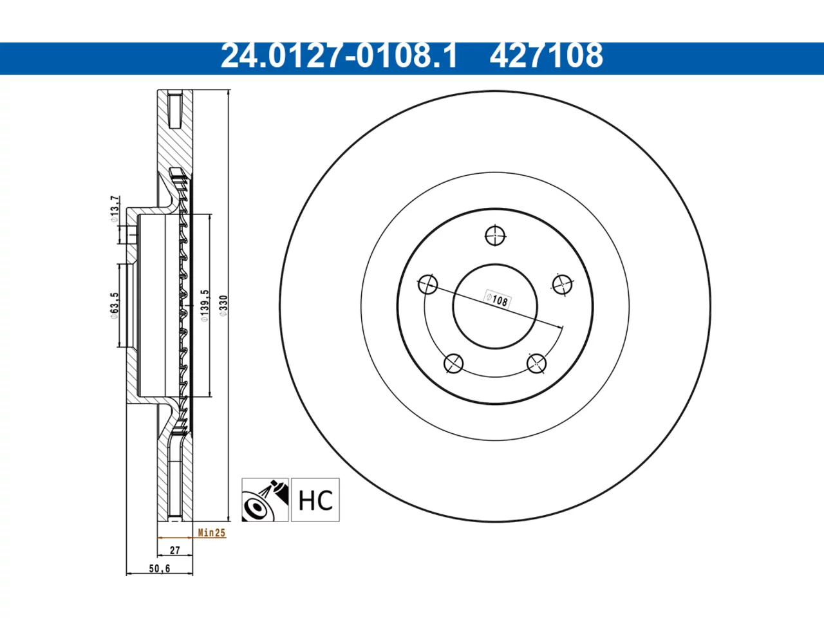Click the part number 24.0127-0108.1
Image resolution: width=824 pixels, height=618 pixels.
pos(339,56)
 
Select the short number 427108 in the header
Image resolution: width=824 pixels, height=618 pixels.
pos(546,56)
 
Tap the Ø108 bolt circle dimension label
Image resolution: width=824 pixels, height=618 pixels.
pos(497,300)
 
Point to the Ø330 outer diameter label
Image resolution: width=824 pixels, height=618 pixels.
pos(223,305)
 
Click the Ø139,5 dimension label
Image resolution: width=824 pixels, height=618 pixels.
pos(205,305)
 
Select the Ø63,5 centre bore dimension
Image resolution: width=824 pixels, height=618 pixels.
pos(115,305)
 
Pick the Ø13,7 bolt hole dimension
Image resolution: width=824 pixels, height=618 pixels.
pos(115,209)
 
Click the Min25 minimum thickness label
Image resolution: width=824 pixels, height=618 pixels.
pos(212,532)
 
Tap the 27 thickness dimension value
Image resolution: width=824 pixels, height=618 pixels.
pos(175,550)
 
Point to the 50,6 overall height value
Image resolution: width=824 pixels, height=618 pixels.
pos(160,568)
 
